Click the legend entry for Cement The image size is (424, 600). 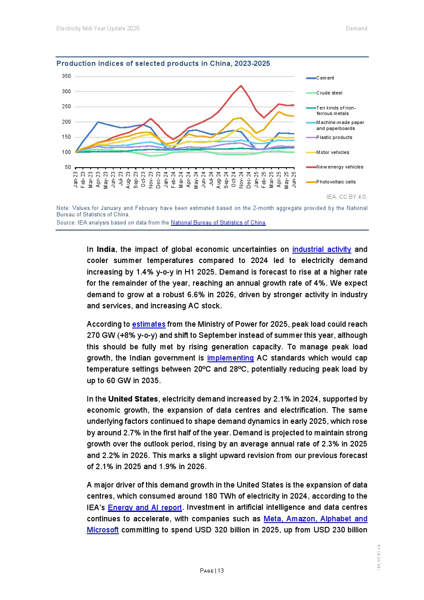click(325, 78)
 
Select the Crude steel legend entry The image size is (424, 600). click(329, 93)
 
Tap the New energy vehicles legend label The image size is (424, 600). click(340, 167)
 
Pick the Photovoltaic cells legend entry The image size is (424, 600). click(336, 182)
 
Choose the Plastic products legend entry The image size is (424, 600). click(334, 137)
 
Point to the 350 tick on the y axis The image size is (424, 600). click(66, 76)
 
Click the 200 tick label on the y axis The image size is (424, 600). click(66, 122)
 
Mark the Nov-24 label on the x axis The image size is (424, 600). click(241, 180)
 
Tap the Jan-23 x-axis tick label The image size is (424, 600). click(76, 180)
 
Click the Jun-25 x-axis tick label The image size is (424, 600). click(294, 180)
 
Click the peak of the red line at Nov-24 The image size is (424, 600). click(241, 86)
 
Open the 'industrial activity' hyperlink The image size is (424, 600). click(321, 249)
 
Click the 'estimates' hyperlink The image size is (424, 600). click(148, 324)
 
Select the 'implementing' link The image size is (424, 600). click(230, 358)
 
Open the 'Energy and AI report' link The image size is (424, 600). click(145, 508)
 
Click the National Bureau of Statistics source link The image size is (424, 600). click(218, 223)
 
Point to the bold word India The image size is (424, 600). click(106, 249)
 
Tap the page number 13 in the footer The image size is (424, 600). click(221, 570)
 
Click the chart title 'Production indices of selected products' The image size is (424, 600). click(163, 63)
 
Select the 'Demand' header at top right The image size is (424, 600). click(356, 29)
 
